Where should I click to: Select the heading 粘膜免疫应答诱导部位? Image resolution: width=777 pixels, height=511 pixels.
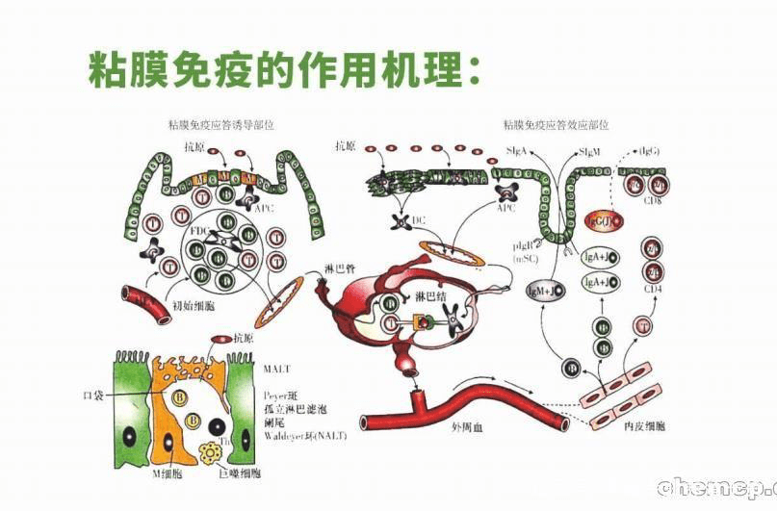221,125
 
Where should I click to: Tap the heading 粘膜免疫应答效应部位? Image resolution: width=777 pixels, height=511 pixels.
556,125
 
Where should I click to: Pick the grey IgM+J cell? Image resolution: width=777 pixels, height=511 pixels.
544,290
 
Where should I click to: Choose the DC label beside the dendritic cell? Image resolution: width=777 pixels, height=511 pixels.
418,220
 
